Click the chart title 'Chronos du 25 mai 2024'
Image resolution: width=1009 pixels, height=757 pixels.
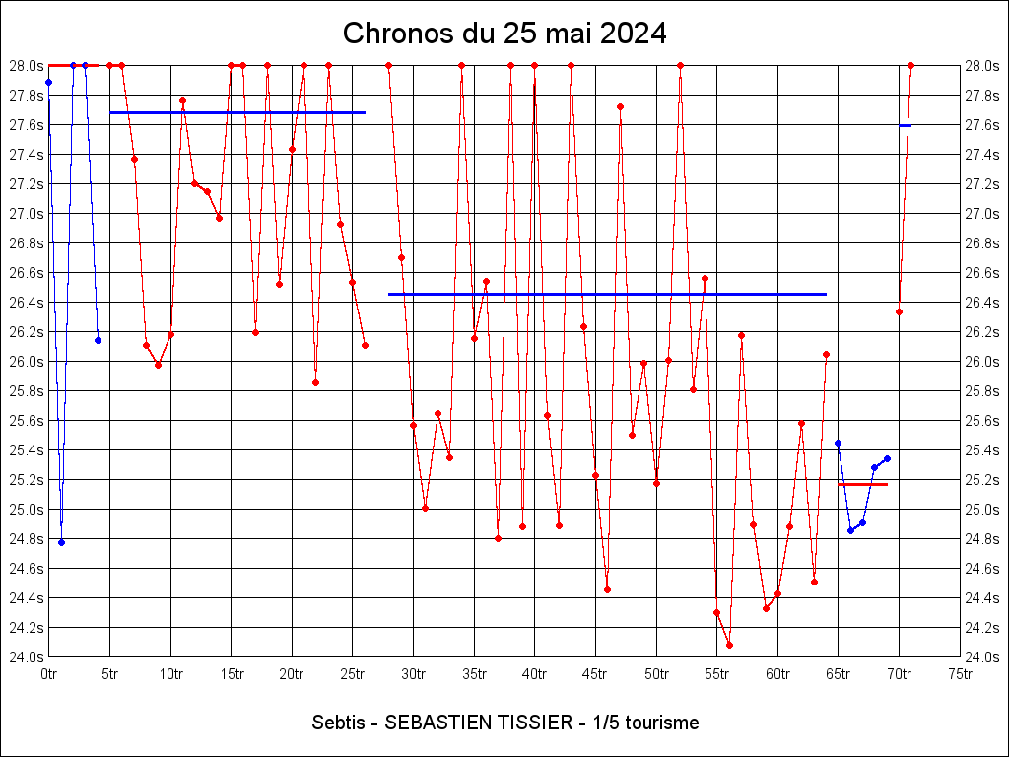tap(504, 34)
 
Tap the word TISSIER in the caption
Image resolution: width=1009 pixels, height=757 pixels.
tap(537, 723)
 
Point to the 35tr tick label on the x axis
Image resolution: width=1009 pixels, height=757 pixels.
tap(474, 674)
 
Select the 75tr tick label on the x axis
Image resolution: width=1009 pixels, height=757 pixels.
tap(960, 674)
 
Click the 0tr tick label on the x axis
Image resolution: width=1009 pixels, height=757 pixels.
tap(49, 674)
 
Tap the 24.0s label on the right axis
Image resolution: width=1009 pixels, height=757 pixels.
tap(982, 657)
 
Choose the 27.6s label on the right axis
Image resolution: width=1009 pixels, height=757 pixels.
tap(982, 125)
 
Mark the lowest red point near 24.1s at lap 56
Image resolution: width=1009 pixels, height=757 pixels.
tap(729, 645)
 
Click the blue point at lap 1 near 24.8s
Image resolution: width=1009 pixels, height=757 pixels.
tap(61, 542)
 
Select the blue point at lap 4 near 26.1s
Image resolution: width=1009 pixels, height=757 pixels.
tap(98, 340)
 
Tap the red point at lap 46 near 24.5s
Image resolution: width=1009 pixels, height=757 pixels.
tap(607, 589)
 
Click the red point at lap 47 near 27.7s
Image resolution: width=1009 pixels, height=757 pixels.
tap(620, 106)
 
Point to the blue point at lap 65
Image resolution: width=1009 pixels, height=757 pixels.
tap(838, 443)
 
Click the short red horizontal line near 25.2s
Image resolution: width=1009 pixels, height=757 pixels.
tap(862, 485)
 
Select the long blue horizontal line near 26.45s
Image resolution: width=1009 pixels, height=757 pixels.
tap(607, 294)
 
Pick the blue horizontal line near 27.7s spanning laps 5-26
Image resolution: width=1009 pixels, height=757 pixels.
tap(236, 113)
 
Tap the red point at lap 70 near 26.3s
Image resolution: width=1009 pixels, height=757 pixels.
tap(899, 311)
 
